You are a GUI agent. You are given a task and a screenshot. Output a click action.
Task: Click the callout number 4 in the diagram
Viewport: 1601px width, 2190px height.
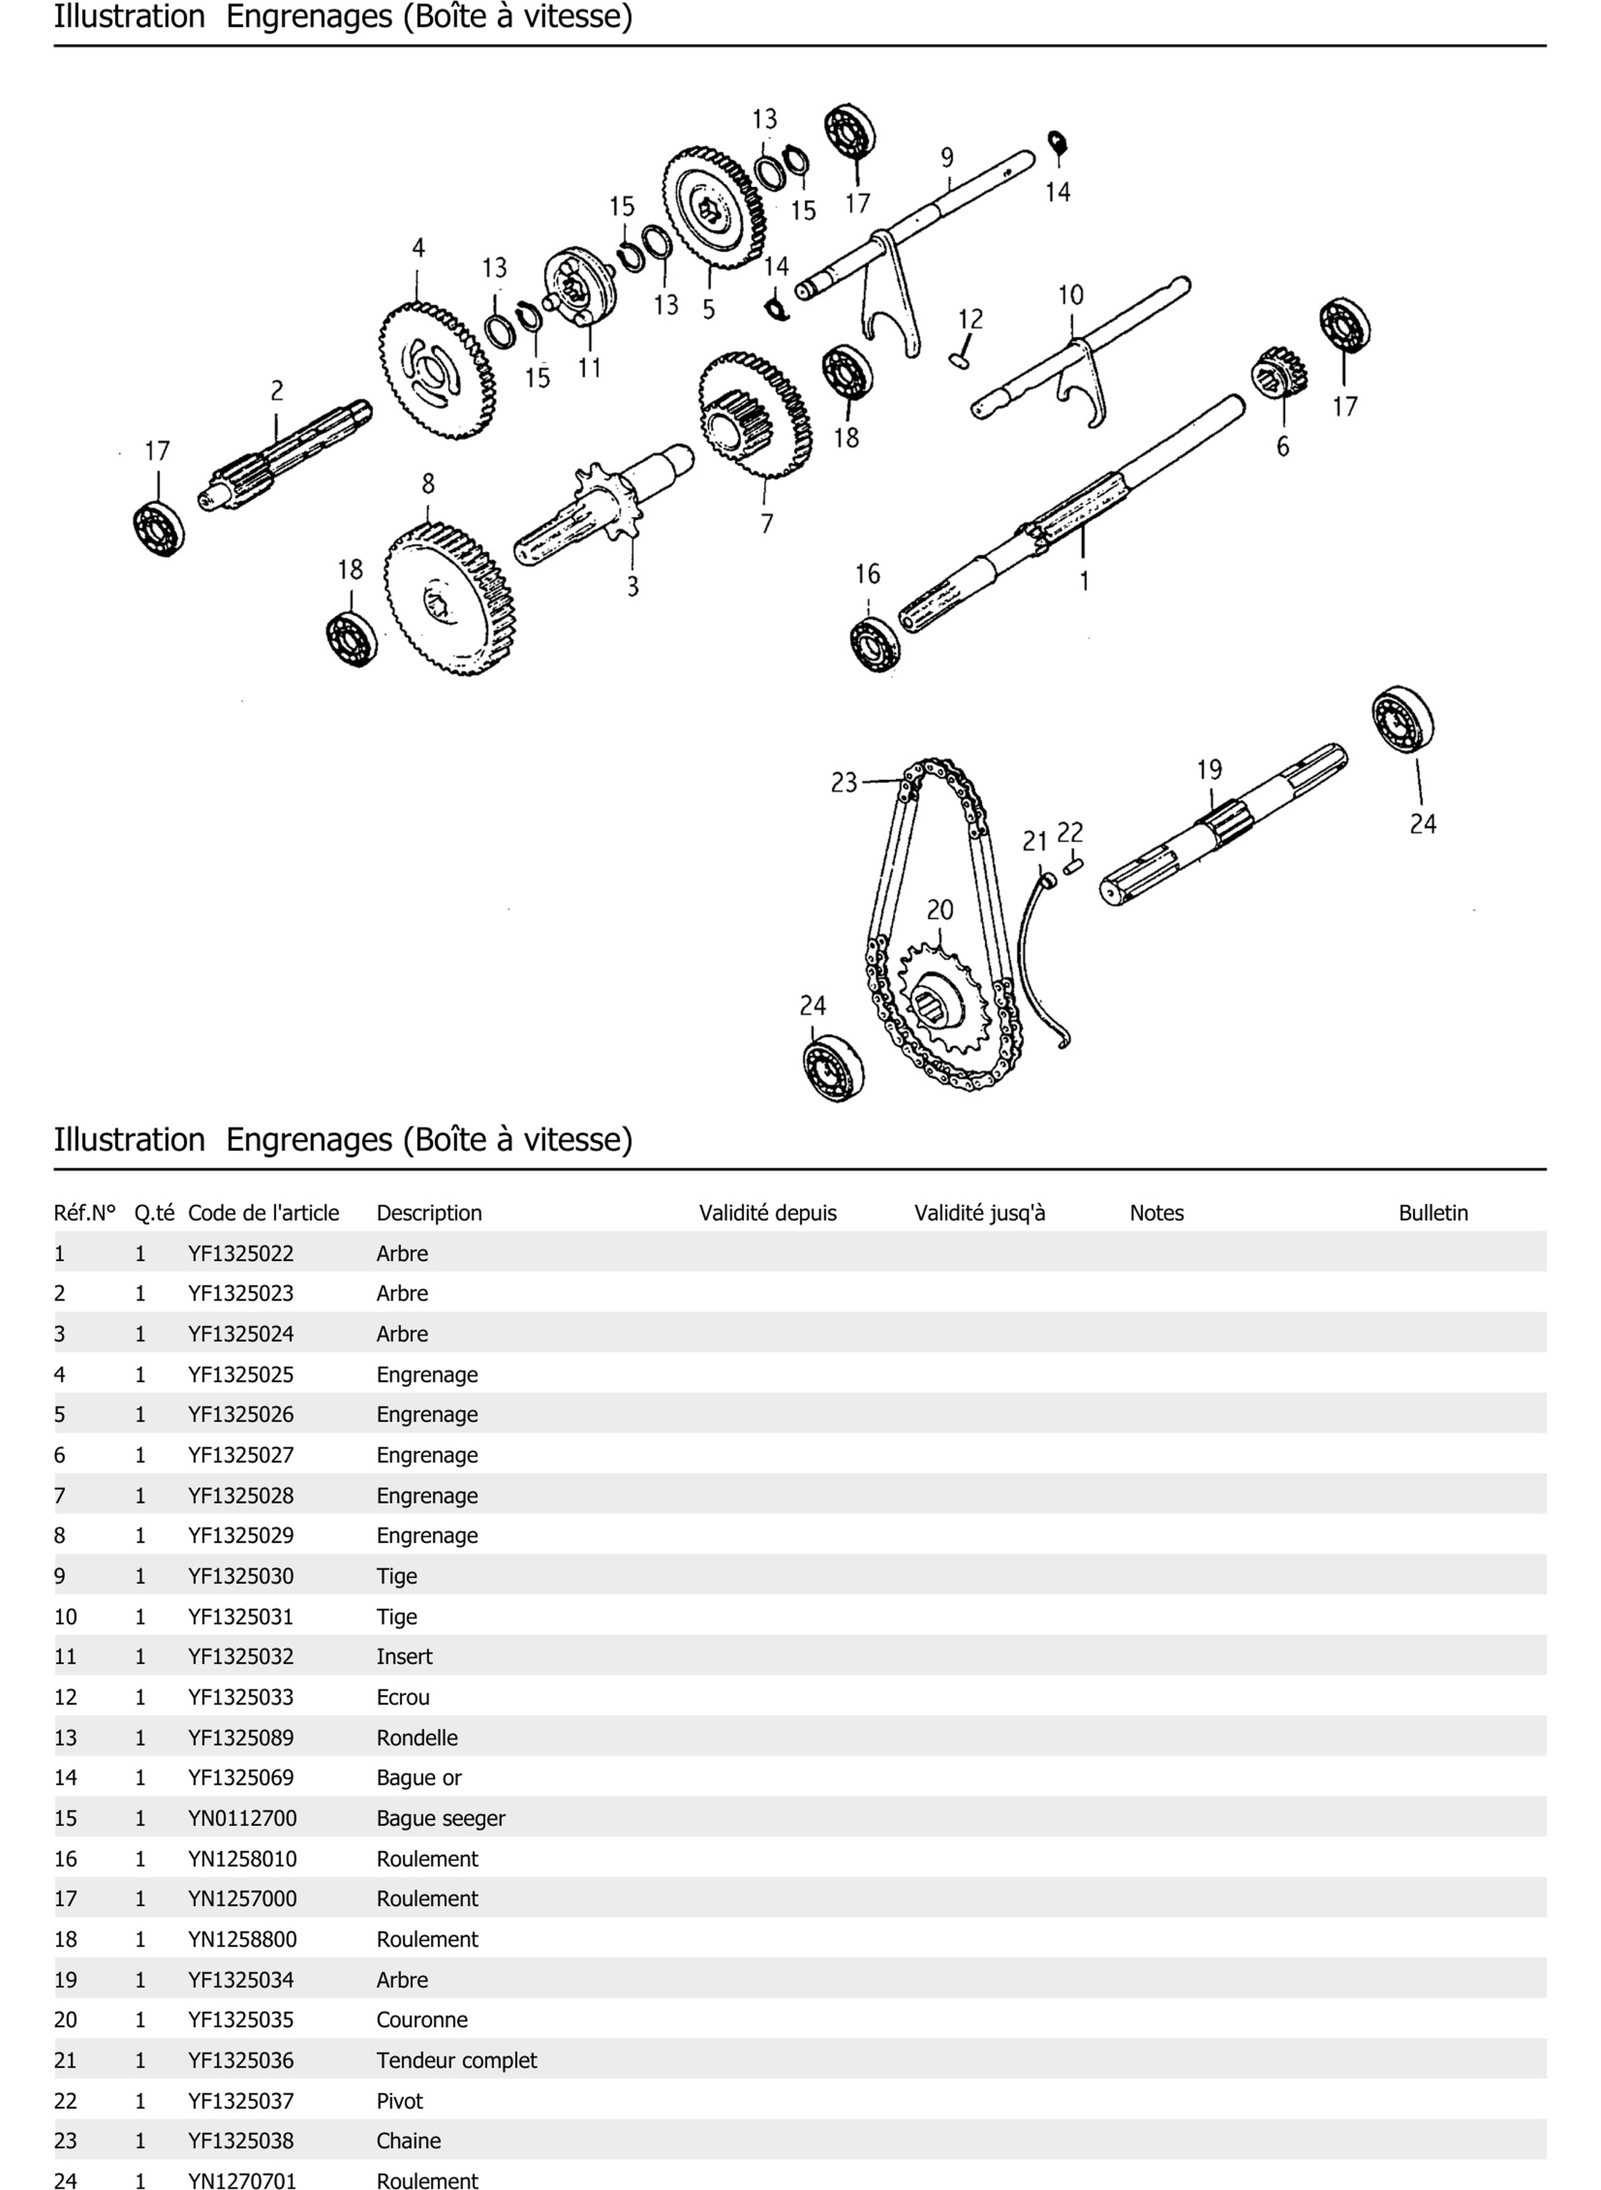click(418, 248)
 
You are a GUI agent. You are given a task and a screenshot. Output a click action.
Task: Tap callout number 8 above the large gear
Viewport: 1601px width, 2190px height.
click(429, 483)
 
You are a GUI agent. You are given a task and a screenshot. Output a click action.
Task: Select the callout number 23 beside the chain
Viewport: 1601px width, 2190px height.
click(844, 782)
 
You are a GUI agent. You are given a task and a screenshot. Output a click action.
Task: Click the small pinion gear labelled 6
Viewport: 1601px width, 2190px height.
click(1279, 372)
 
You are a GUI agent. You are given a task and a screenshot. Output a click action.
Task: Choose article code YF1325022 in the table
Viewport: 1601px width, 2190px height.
click(240, 1253)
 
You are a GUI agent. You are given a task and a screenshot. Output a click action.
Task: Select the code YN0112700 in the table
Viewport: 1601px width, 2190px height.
click(242, 1818)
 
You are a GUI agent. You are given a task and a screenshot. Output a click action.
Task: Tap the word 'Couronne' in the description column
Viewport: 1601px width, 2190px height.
click(422, 2020)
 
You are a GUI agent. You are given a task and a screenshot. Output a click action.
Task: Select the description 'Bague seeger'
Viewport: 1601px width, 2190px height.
click(441, 1818)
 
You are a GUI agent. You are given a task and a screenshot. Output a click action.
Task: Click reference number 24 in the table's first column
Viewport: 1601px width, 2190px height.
click(65, 2180)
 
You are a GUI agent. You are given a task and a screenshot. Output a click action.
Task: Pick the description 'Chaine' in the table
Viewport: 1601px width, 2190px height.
click(408, 2141)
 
